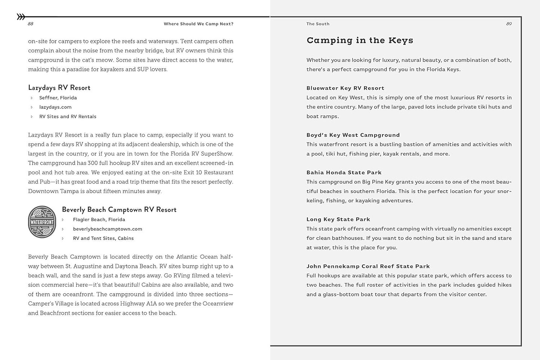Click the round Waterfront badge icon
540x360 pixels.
click(x=42, y=222)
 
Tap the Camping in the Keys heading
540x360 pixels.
click(x=360, y=40)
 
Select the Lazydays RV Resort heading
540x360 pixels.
click(x=59, y=87)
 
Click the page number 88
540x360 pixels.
click(x=31, y=24)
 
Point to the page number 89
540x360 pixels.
click(x=509, y=24)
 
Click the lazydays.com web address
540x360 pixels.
click(x=55, y=107)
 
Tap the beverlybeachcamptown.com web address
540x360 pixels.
click(x=107, y=229)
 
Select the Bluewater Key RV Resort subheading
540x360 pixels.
click(x=345, y=88)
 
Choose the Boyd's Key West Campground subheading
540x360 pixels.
click(x=353, y=135)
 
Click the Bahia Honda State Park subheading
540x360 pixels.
click(x=344, y=172)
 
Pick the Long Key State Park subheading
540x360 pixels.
click(x=338, y=219)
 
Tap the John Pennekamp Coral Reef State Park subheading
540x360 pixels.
click(x=368, y=266)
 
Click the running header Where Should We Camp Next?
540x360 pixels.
click(x=198, y=24)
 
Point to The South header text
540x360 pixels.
click(x=318, y=24)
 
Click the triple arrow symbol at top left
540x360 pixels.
click(x=21, y=16)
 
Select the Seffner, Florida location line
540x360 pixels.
click(x=58, y=98)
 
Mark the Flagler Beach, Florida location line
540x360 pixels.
click(x=99, y=219)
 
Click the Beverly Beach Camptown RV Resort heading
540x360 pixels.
click(x=119, y=209)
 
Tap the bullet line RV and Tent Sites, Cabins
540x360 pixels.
click(x=103, y=238)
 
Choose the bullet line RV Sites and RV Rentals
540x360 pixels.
click(x=68, y=116)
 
